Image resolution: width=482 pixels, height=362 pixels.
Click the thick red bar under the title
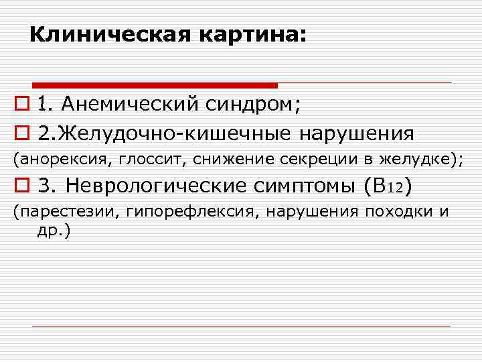155,85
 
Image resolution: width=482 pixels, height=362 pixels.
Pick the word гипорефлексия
161,213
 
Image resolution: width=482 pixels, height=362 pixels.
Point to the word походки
398,213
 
